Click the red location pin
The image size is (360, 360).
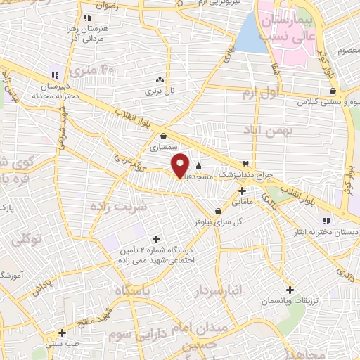181,165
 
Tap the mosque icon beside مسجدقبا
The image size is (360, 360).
199,167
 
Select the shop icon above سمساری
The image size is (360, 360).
163,136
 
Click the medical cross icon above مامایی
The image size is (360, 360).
242,191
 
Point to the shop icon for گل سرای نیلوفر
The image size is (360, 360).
218,210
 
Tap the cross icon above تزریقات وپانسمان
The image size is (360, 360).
290,290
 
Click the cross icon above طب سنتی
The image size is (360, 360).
63,333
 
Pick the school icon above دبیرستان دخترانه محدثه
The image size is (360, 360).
55,76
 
